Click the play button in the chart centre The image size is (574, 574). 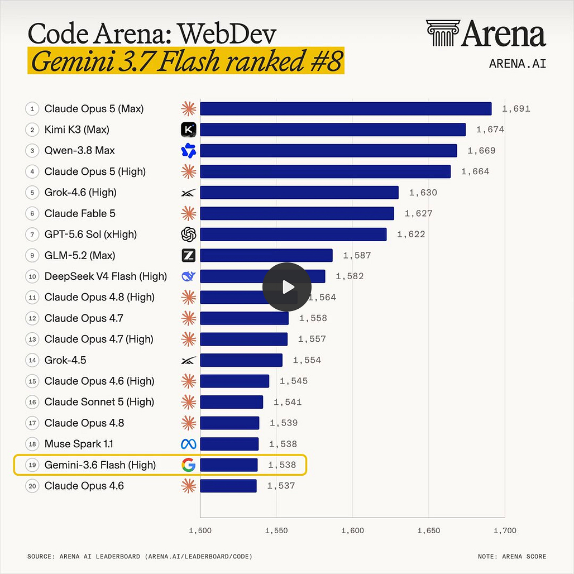[287, 287]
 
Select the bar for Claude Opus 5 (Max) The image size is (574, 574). [346, 109]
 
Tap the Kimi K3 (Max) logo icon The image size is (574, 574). [189, 130]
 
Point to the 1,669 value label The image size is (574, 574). [481, 150]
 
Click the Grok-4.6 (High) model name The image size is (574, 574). [80, 193]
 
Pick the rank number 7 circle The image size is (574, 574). [32, 235]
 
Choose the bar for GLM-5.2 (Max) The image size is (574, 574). [266, 255]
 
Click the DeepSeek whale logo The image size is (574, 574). [189, 276]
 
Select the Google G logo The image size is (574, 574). [189, 465]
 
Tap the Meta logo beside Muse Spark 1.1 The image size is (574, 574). [189, 444]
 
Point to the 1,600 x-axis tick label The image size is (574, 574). [352, 530]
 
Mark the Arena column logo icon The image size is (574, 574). [443, 33]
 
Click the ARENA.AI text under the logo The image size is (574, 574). [517, 64]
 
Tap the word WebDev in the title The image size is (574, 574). [227, 34]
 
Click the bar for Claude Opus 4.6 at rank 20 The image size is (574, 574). [228, 486]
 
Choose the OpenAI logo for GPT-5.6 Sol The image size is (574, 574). [189, 235]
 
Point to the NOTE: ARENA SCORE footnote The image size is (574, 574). [512, 557]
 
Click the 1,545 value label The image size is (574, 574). [294, 381]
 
